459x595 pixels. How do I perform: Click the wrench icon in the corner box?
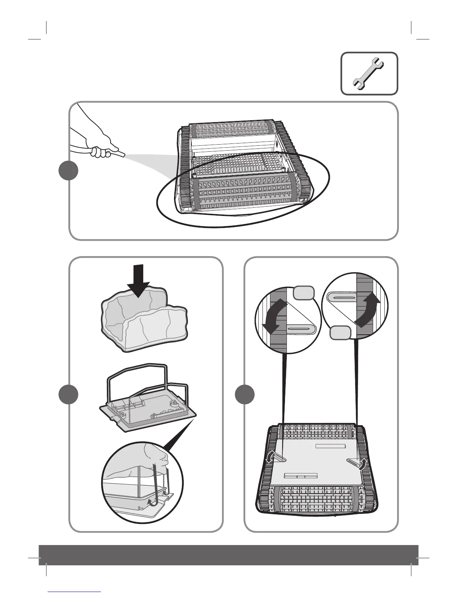(x=369, y=74)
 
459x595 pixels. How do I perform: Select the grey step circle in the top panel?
(x=69, y=171)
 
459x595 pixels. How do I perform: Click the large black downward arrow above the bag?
(x=138, y=280)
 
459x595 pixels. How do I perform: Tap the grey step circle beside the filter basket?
(x=69, y=394)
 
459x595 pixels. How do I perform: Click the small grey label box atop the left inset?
(x=303, y=293)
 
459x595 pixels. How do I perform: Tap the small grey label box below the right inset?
(x=340, y=333)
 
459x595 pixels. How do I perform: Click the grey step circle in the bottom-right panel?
(x=244, y=394)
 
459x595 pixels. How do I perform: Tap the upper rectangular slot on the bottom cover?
(x=330, y=446)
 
